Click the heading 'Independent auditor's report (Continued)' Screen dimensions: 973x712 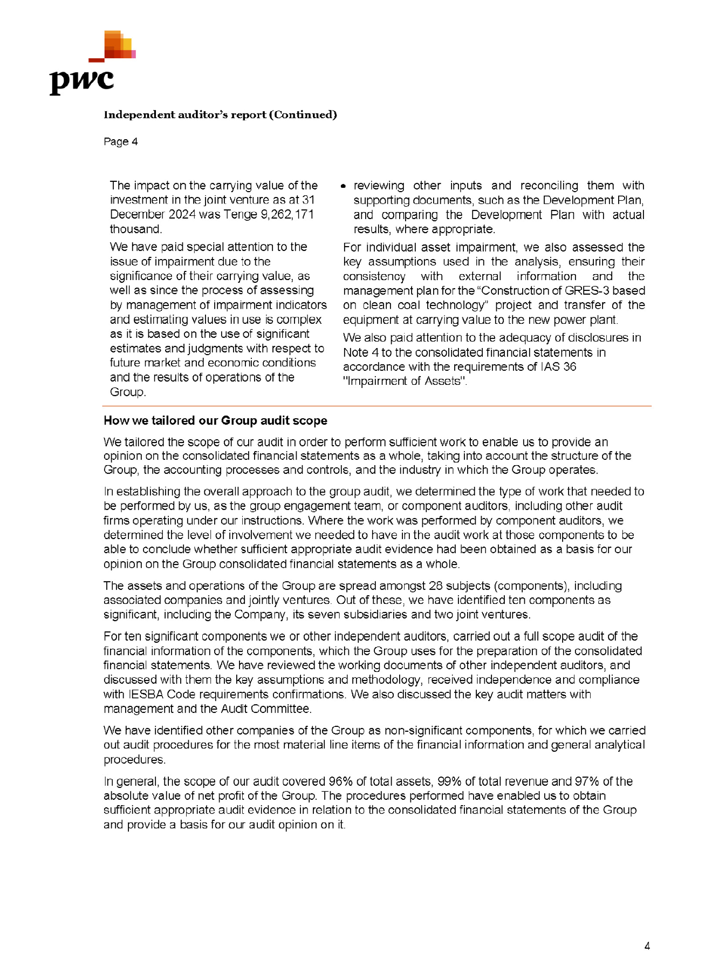click(x=220, y=115)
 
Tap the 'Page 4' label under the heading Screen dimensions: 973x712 click(x=120, y=142)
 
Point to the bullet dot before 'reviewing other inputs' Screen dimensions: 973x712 click(x=343, y=187)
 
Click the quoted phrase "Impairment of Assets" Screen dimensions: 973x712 click(x=405, y=382)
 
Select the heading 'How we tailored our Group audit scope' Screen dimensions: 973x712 click(x=215, y=421)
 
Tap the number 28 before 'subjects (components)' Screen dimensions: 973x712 click(x=436, y=586)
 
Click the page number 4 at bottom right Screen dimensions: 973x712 click(x=647, y=946)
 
